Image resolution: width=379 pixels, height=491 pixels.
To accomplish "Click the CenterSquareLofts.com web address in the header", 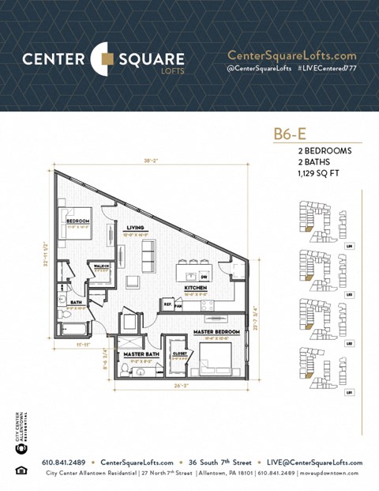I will click(291, 55).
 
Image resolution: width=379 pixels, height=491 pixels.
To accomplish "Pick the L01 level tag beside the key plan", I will click(349, 391).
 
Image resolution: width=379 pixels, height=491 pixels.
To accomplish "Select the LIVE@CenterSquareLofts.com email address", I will click(315, 463).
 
